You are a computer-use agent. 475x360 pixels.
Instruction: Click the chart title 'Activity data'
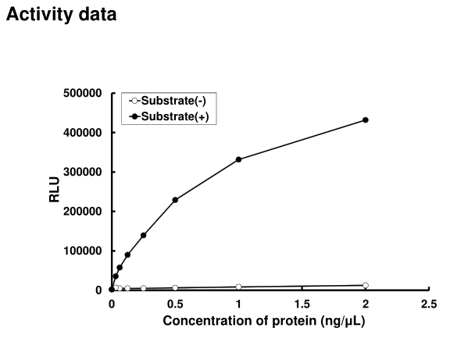(x=62, y=14)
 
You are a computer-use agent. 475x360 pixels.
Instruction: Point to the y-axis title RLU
(x=54, y=192)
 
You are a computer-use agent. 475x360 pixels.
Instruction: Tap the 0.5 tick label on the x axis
(x=175, y=304)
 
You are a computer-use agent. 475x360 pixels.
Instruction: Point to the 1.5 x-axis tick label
(x=302, y=304)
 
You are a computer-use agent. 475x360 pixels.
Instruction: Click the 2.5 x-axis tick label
(x=428, y=304)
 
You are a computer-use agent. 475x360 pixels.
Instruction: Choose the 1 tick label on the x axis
(x=238, y=304)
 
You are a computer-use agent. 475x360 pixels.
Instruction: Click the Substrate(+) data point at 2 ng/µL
(x=366, y=120)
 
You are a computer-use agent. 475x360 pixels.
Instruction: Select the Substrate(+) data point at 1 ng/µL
(x=238, y=159)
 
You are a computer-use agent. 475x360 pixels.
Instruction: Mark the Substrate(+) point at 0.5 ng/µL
(x=175, y=200)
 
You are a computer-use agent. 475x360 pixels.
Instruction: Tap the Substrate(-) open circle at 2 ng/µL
(x=366, y=285)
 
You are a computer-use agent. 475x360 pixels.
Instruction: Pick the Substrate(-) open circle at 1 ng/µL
(x=238, y=287)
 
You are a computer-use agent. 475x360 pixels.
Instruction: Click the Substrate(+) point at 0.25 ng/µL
(x=144, y=235)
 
